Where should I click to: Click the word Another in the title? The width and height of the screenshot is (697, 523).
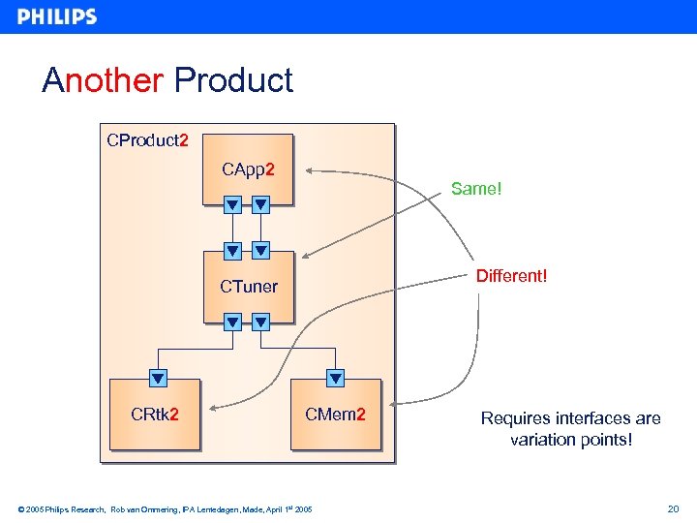[x=103, y=80]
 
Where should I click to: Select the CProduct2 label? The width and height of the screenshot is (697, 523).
[x=147, y=140]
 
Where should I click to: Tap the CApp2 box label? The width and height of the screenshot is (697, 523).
[x=248, y=170]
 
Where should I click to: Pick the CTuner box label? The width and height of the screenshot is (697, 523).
[x=248, y=287]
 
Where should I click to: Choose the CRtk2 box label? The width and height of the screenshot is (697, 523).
[x=154, y=415]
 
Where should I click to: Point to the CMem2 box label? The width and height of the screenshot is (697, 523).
[x=335, y=415]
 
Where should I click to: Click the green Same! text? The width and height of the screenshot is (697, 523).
[x=476, y=189]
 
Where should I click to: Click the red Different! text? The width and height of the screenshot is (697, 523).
[x=511, y=277]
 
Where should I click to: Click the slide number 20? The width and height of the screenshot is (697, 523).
[x=674, y=508]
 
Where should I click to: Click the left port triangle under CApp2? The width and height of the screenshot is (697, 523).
[x=232, y=204]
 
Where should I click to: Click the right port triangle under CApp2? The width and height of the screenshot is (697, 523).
[x=260, y=204]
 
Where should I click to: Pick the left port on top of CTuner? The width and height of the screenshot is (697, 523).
[x=232, y=251]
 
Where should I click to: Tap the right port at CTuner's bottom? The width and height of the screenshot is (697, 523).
[x=260, y=322]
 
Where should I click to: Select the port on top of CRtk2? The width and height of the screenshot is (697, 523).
[x=158, y=378]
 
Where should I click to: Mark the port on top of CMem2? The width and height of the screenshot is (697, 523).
[x=335, y=378]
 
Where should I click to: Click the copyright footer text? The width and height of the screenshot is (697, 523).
[x=165, y=508]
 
